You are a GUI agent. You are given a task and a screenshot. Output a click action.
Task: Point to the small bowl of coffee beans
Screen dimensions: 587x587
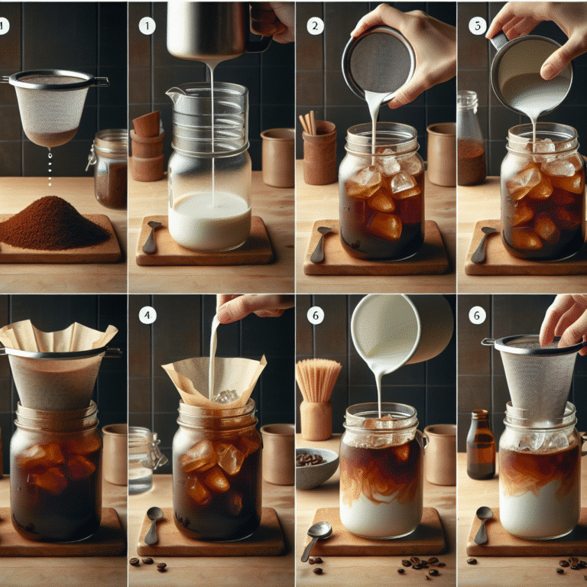(316, 467)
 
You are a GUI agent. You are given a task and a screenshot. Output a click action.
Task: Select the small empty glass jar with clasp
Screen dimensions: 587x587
(144, 459)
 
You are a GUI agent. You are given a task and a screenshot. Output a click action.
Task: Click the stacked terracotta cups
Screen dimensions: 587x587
(146, 146)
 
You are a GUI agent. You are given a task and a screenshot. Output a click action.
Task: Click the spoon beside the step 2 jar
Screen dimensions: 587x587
(320, 244)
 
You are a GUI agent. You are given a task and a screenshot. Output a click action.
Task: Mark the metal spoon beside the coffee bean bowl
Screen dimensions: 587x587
(316, 538)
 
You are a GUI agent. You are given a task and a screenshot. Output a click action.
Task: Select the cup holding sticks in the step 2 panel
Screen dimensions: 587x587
(319, 157)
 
